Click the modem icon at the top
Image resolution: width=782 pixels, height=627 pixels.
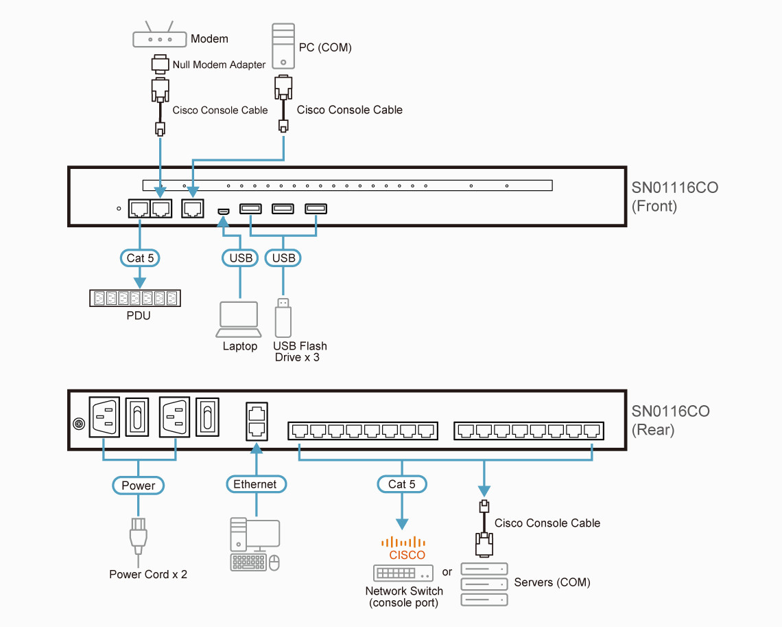159,38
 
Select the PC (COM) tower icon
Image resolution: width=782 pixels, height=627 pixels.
283,46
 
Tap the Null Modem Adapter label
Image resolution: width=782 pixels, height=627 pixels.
219,65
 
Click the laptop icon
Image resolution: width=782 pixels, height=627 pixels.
239,319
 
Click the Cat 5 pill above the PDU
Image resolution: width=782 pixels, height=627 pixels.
140,258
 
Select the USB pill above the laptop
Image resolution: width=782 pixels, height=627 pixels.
239,258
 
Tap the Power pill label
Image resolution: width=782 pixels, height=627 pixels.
139,486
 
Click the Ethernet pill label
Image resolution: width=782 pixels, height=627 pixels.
255,485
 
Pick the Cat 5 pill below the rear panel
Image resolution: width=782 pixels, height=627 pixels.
402,484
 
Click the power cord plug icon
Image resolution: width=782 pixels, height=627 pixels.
139,536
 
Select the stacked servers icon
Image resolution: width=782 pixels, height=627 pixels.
484,584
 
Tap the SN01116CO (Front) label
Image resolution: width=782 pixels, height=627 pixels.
675,196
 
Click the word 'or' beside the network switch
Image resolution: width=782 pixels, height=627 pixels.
447,572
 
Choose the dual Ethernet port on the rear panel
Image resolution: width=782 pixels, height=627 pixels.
256,421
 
